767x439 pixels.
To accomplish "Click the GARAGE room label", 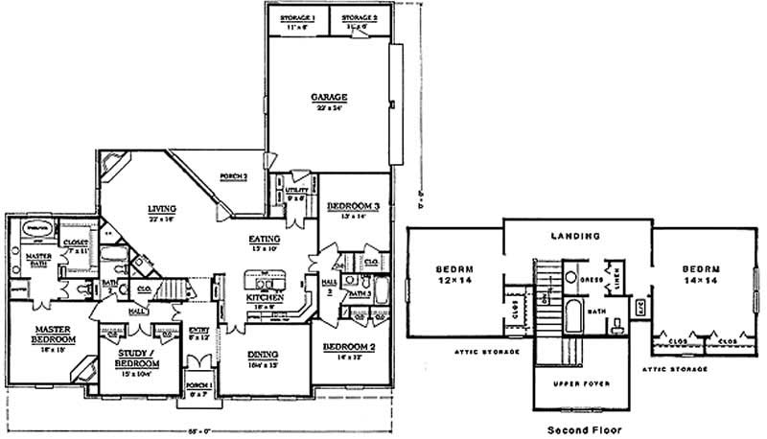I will pyautogui.click(x=328, y=97).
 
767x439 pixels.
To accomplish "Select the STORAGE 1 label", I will pyautogui.click(x=296, y=19).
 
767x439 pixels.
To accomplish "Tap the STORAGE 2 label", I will pyautogui.click(x=360, y=19).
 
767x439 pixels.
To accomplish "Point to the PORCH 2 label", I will pyautogui.click(x=234, y=176).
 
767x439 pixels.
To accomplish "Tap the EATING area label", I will pyautogui.click(x=265, y=239).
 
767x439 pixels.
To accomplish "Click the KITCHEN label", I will pyautogui.click(x=265, y=298).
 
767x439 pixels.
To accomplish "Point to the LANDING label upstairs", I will pyautogui.click(x=576, y=235).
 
